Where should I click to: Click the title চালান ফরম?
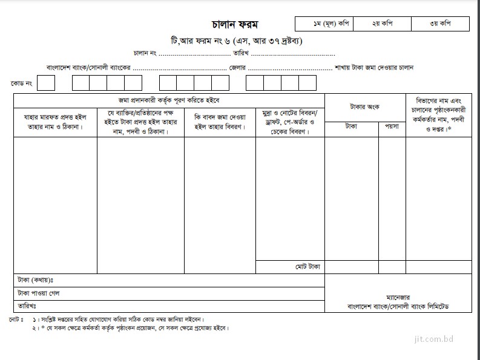(235, 25)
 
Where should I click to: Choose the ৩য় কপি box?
(439, 24)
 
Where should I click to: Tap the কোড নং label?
(21, 82)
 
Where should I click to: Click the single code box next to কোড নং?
(45, 82)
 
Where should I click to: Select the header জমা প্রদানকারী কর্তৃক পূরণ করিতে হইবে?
(169, 100)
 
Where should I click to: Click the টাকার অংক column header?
(364, 107)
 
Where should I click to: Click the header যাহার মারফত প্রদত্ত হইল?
(55, 122)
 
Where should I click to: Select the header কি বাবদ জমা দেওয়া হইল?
(220, 122)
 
